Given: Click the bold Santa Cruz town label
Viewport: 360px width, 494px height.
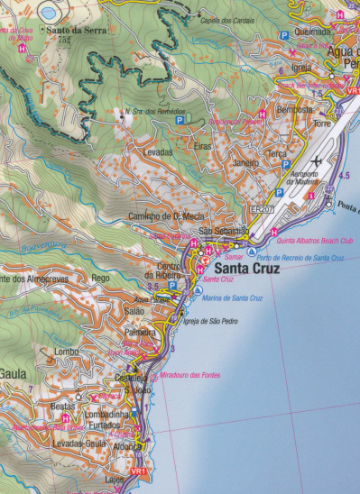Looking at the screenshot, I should click(245, 267).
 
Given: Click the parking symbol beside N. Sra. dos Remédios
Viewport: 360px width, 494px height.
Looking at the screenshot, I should click(179, 119).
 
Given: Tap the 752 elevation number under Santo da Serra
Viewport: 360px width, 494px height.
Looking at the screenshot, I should click(63, 40).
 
